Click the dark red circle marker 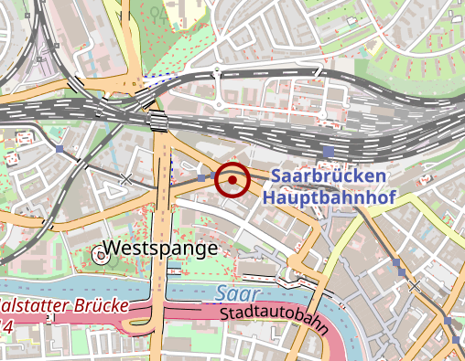point(232,179)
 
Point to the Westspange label point(160,248)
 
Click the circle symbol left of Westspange point(101,256)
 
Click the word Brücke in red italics point(96,305)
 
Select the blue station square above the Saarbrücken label point(329,151)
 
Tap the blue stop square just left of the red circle point(202,177)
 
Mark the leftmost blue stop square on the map point(59,149)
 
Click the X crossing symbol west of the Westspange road point(126,179)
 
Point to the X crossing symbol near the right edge point(416,286)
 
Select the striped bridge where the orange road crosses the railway point(158,121)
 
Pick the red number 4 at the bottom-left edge point(5,326)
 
